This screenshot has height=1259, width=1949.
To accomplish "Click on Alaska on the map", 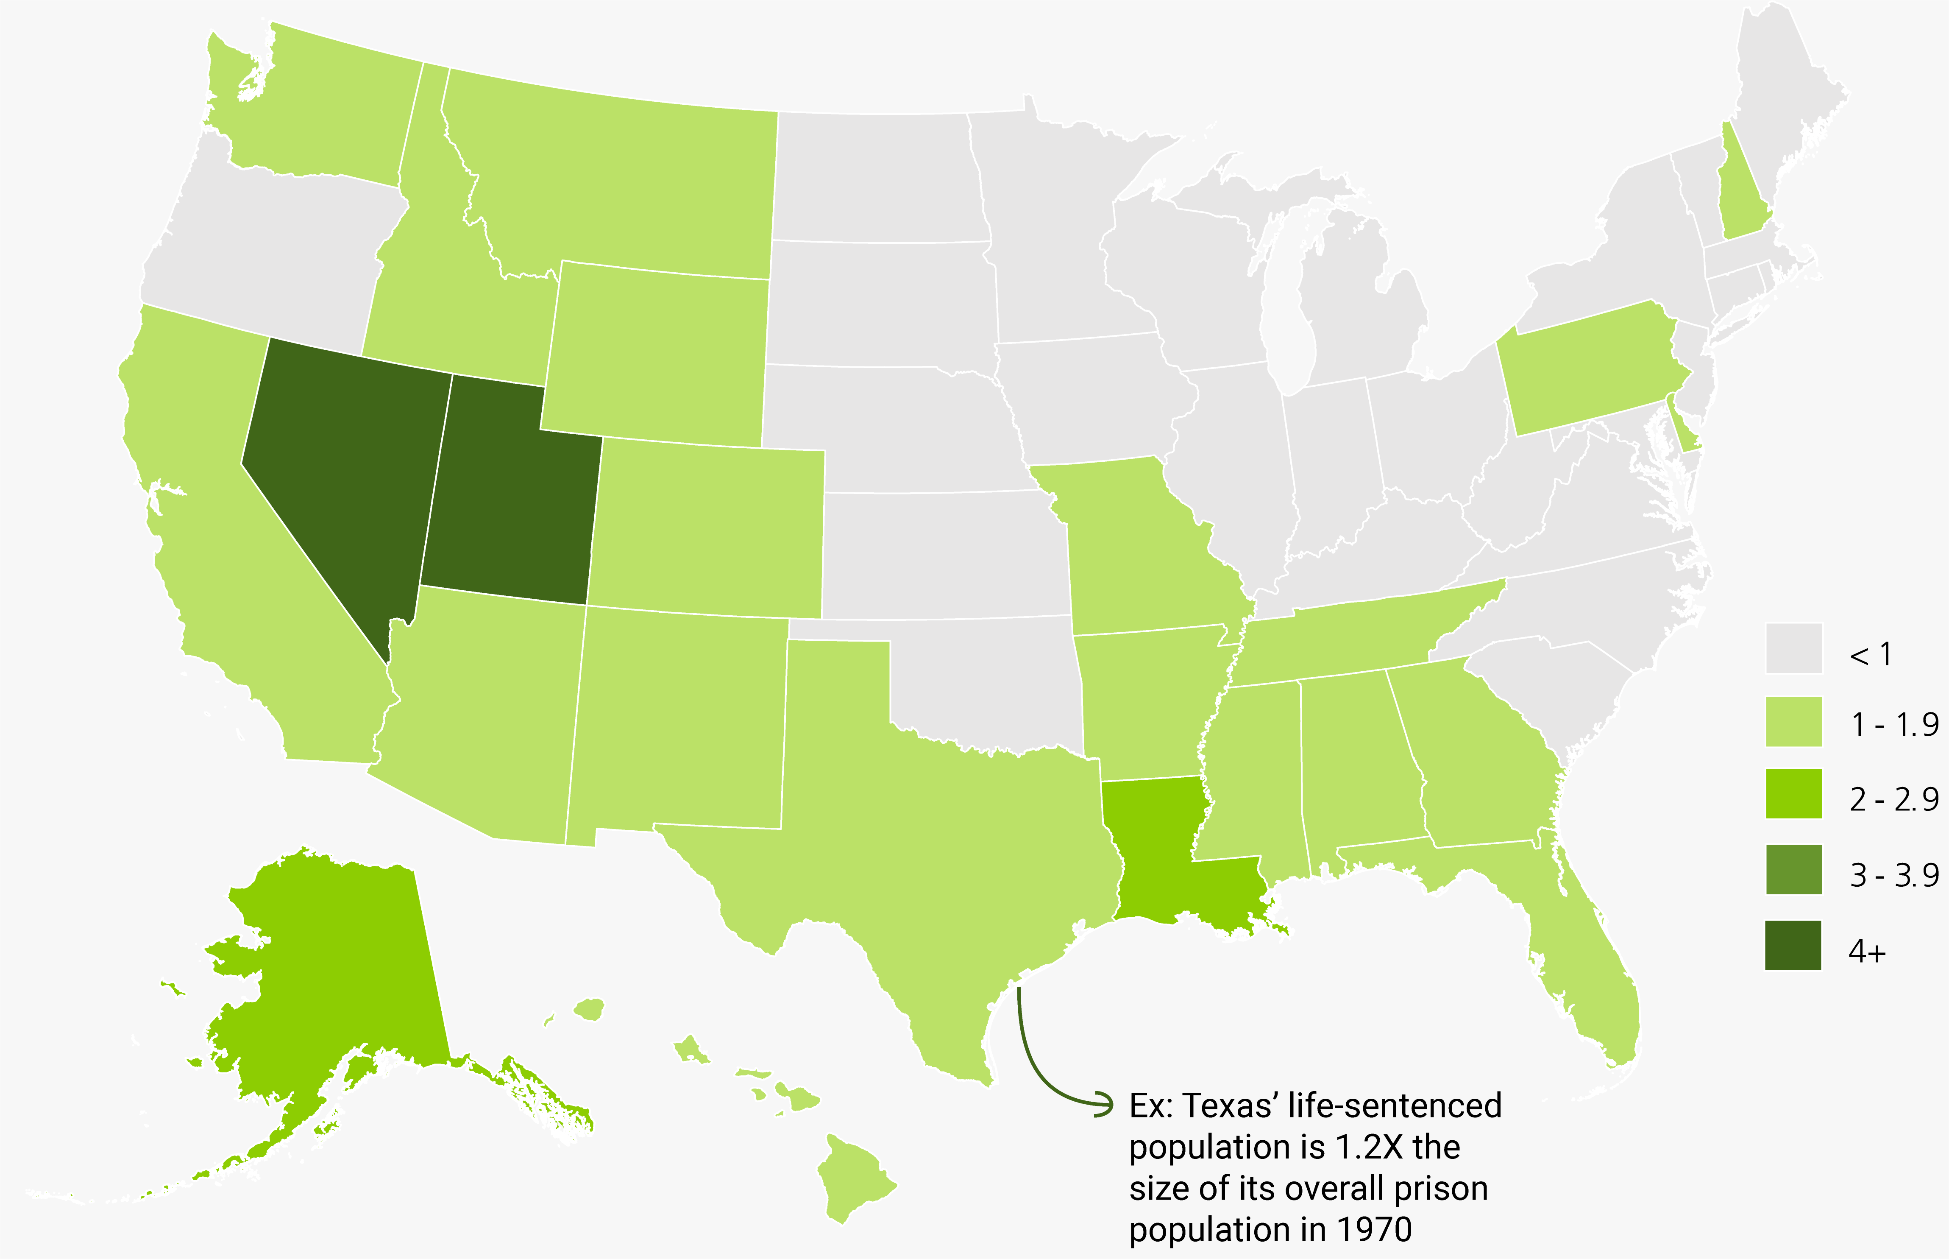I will click(343, 965).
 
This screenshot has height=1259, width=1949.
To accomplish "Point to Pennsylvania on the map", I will click(1585, 368).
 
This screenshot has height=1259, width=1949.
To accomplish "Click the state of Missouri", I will click(1136, 548).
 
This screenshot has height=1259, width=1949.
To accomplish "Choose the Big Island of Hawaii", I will click(854, 1177).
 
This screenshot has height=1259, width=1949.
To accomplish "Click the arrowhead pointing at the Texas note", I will click(1105, 1104).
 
